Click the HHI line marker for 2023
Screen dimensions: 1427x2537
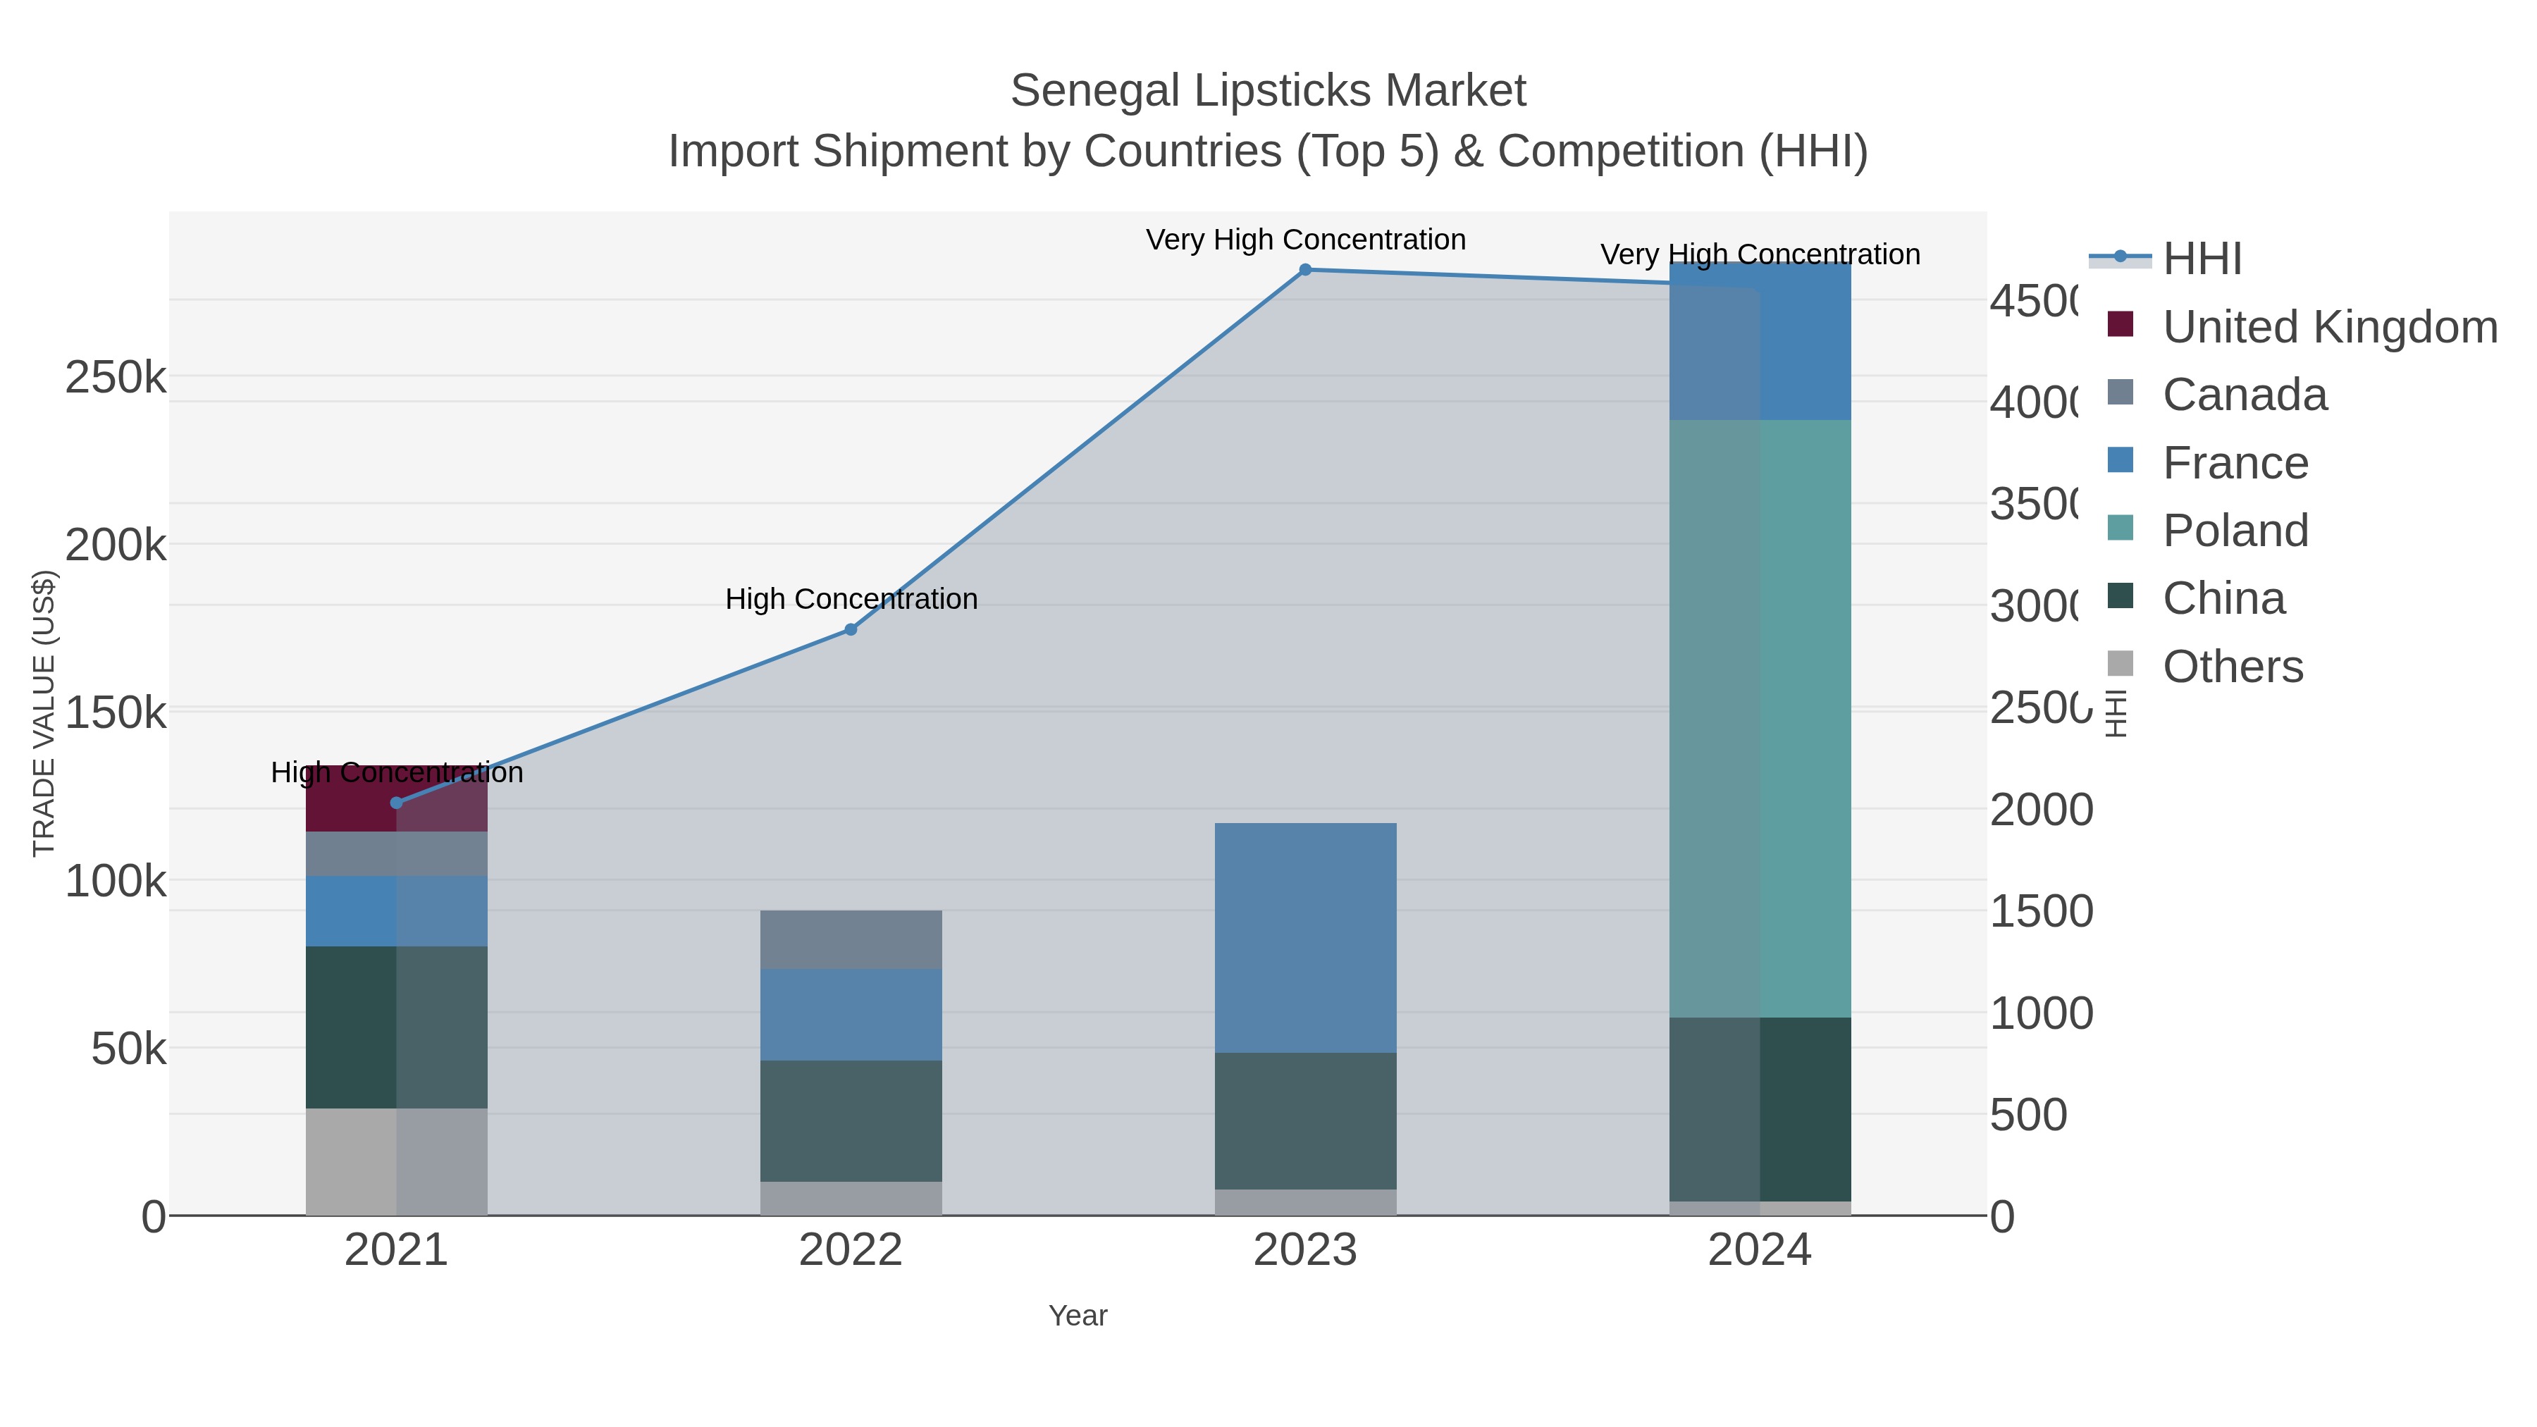coord(1305,270)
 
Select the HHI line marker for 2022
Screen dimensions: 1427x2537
coord(851,629)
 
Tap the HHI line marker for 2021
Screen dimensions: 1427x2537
coord(396,803)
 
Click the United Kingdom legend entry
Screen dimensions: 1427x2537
coord(2328,327)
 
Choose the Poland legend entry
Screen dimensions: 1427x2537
coord(2235,531)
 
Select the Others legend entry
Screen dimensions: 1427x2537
coord(2232,667)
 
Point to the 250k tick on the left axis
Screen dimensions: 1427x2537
coord(116,377)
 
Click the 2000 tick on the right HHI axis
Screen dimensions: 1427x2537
coord(2041,810)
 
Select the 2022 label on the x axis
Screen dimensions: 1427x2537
coord(850,1251)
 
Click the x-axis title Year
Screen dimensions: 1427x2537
coord(1078,1316)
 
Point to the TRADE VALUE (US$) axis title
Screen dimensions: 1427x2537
coord(44,713)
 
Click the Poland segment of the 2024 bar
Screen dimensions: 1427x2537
coord(1760,719)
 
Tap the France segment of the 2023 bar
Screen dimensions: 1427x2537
coord(1305,937)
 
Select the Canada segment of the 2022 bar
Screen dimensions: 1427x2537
coord(851,939)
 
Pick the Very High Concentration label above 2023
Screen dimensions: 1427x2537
coord(1305,240)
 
